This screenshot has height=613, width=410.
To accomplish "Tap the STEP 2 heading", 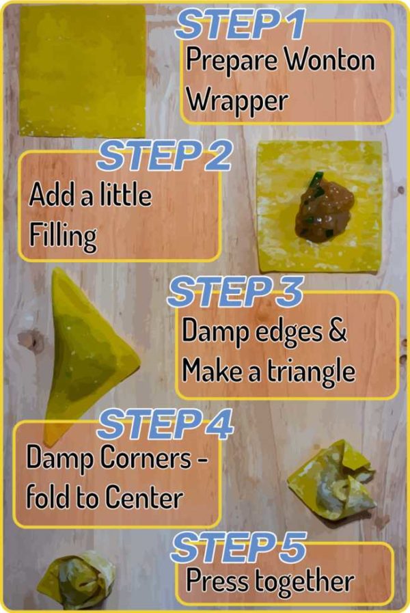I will [x=165, y=156].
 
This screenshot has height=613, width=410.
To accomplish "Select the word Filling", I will [x=62, y=236].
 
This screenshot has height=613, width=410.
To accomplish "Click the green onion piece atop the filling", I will [x=316, y=182].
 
